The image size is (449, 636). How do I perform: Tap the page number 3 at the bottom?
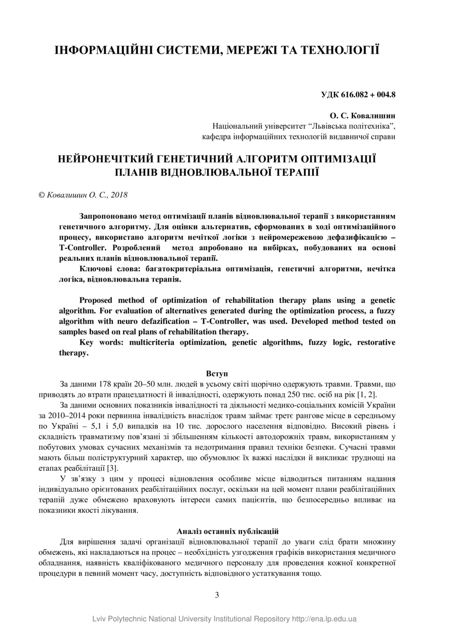click(x=217, y=595)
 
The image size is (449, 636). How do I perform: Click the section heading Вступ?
click(x=217, y=373)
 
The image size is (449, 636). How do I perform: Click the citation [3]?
click(x=112, y=468)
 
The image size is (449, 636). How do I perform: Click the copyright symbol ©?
click(x=42, y=195)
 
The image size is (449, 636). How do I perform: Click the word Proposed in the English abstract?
click(x=97, y=300)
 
